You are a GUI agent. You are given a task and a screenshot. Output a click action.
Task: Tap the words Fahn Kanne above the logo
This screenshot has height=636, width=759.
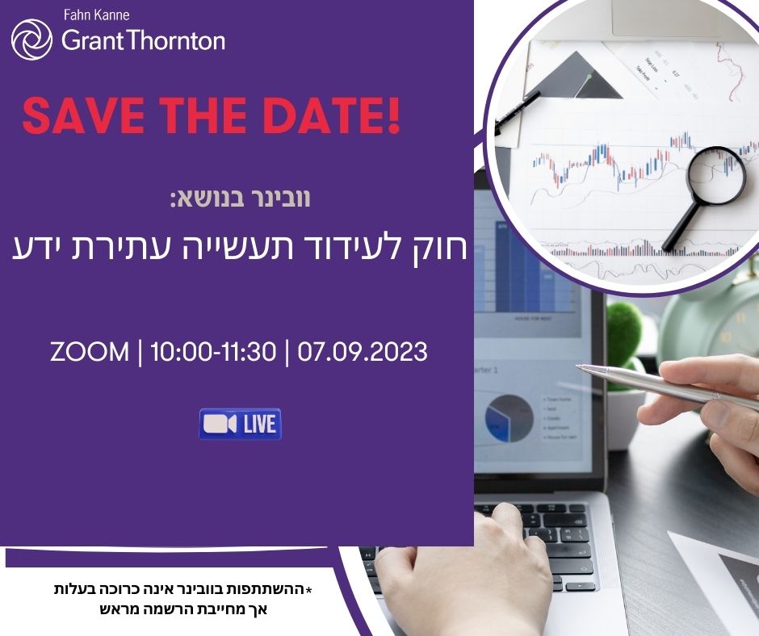[x=95, y=15]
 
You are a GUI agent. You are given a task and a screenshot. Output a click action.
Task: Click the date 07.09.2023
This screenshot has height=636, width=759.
[x=363, y=352]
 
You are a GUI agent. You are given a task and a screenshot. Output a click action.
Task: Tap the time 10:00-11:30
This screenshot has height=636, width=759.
[x=214, y=352]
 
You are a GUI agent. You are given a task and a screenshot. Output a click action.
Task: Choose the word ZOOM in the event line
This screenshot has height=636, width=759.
[x=89, y=352]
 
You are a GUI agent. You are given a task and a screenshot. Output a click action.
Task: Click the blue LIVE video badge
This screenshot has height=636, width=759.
[x=240, y=424]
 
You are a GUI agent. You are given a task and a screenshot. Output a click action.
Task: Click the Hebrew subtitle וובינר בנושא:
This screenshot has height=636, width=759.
[x=240, y=199]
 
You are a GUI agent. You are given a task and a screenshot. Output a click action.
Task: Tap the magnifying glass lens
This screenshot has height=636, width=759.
[x=715, y=174]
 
